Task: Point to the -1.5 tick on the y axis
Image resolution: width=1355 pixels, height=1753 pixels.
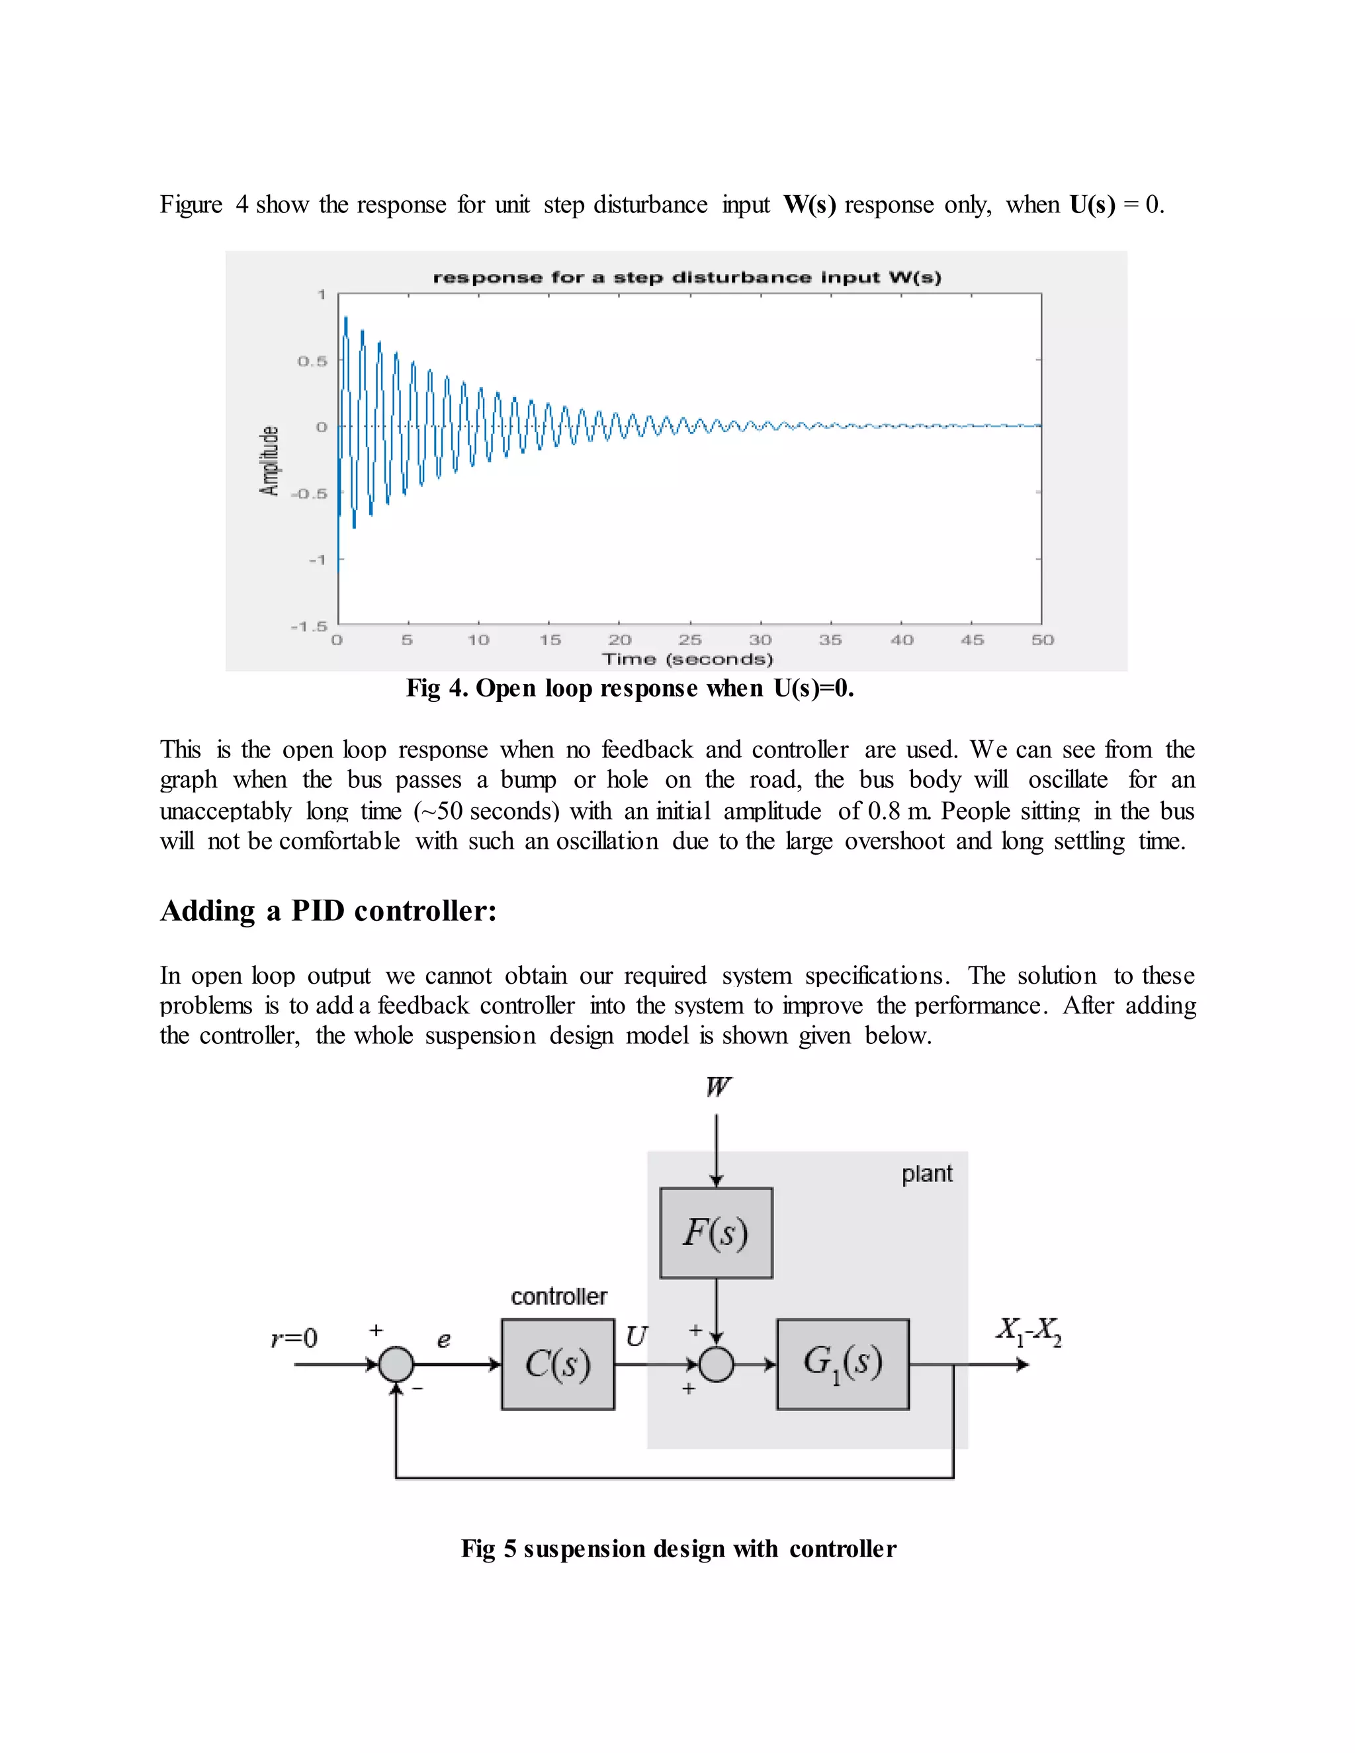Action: tap(309, 625)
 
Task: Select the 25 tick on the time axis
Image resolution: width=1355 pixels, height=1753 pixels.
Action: tap(689, 640)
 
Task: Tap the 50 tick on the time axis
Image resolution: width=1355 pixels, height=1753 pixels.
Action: tap(1042, 640)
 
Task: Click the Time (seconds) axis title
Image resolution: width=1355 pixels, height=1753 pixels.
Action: tap(687, 659)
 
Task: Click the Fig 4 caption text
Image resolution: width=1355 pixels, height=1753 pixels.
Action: tap(629, 689)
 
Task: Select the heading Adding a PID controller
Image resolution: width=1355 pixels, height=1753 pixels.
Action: tap(328, 911)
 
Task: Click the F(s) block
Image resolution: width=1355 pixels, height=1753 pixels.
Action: tap(716, 1233)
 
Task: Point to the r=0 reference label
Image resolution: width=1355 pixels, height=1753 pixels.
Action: tap(294, 1338)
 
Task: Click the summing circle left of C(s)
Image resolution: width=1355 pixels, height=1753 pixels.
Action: tap(396, 1364)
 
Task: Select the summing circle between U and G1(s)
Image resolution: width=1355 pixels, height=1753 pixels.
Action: tap(716, 1364)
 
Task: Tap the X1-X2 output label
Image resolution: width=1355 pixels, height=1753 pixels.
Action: tap(1028, 1332)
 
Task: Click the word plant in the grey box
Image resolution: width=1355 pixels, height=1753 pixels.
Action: tap(926, 1174)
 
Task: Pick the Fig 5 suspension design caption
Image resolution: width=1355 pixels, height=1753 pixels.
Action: tap(678, 1549)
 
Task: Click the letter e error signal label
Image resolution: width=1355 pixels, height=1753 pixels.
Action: tap(443, 1340)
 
